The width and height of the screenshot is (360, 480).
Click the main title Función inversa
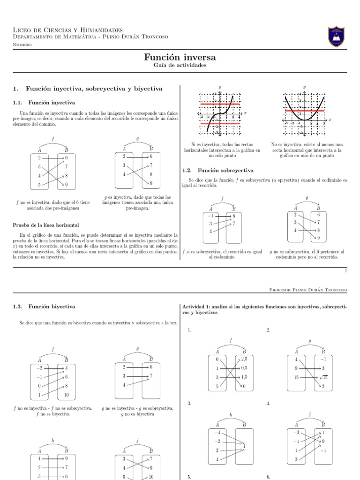point(180,57)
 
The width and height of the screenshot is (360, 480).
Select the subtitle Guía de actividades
point(180,66)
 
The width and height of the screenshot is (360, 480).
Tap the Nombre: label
point(22,45)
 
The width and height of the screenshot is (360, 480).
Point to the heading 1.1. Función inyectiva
point(44,102)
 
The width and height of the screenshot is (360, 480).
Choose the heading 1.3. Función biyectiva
point(44,307)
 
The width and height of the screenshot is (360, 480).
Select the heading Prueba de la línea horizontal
point(45,225)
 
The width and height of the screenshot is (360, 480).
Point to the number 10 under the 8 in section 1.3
point(66,395)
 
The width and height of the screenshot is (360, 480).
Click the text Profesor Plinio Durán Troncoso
point(308,290)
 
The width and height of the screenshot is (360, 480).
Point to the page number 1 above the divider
point(345,270)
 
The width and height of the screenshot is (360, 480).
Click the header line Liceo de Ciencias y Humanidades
point(68,30)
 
